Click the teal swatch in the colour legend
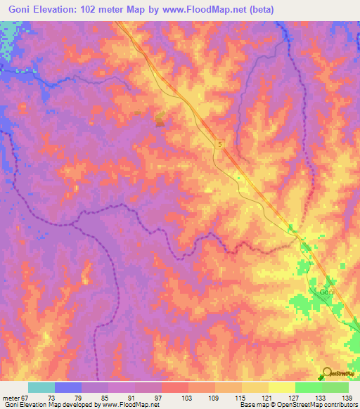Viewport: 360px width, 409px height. pos(41,387)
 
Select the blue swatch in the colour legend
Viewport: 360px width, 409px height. pos(68,387)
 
